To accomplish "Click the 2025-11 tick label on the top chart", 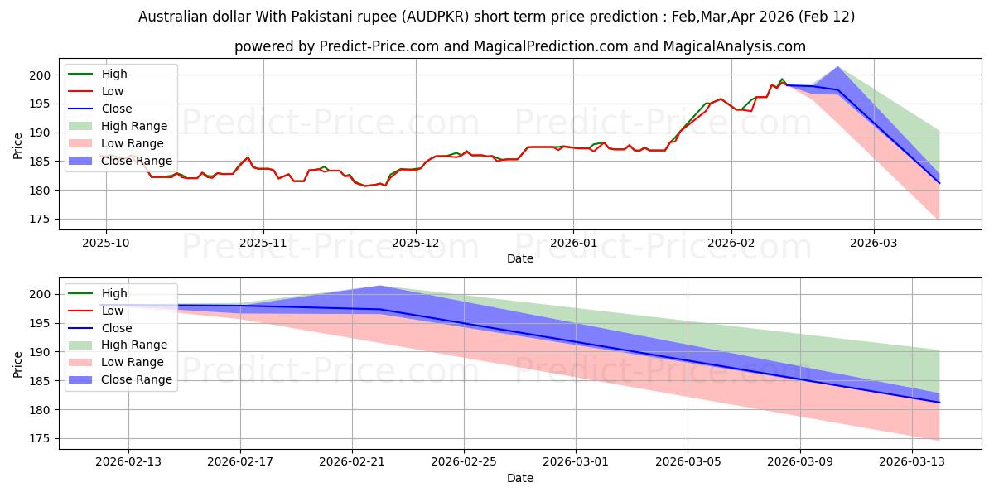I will [263, 243].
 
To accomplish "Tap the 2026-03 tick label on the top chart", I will [873, 243].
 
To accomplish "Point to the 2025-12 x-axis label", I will [416, 243].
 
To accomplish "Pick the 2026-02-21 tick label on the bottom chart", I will [352, 462].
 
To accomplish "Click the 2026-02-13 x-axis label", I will [128, 462].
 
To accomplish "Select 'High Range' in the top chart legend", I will [133, 126].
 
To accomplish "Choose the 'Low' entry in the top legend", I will [113, 91].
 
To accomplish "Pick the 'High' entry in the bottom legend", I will [114, 293].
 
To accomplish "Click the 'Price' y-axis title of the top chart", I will [18, 145].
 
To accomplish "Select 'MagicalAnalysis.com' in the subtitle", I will [734, 46].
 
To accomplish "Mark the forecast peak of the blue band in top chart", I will [838, 67].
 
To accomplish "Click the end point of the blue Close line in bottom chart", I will [939, 402].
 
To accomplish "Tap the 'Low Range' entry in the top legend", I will [131, 143].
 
